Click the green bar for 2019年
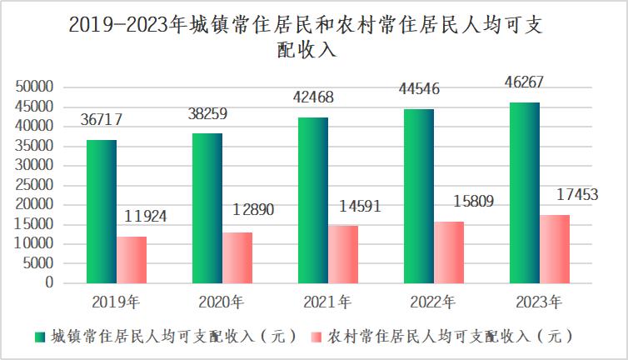click(101, 212)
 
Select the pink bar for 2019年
click(131, 260)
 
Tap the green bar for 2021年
click(312, 200)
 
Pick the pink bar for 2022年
click(448, 252)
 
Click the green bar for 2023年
click(524, 192)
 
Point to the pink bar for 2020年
click(237, 257)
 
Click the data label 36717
click(102, 120)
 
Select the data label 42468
click(312, 97)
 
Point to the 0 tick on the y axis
click(49, 283)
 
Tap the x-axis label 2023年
click(539, 301)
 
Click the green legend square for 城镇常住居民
click(39, 337)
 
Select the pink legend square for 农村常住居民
click(316, 337)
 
